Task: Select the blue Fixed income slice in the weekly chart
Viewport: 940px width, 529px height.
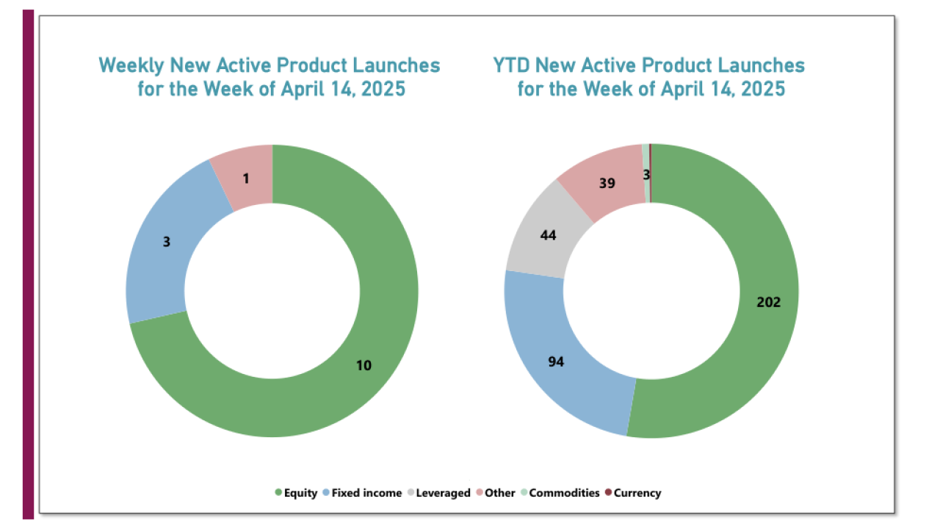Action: click(158, 264)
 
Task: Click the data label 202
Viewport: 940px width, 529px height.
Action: click(768, 302)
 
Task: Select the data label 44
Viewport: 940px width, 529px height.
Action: click(547, 235)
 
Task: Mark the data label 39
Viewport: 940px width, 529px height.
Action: click(607, 184)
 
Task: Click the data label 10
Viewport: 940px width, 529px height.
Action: click(364, 364)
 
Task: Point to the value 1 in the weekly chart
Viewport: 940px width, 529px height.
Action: click(245, 178)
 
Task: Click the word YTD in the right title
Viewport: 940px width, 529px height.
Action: click(511, 65)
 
